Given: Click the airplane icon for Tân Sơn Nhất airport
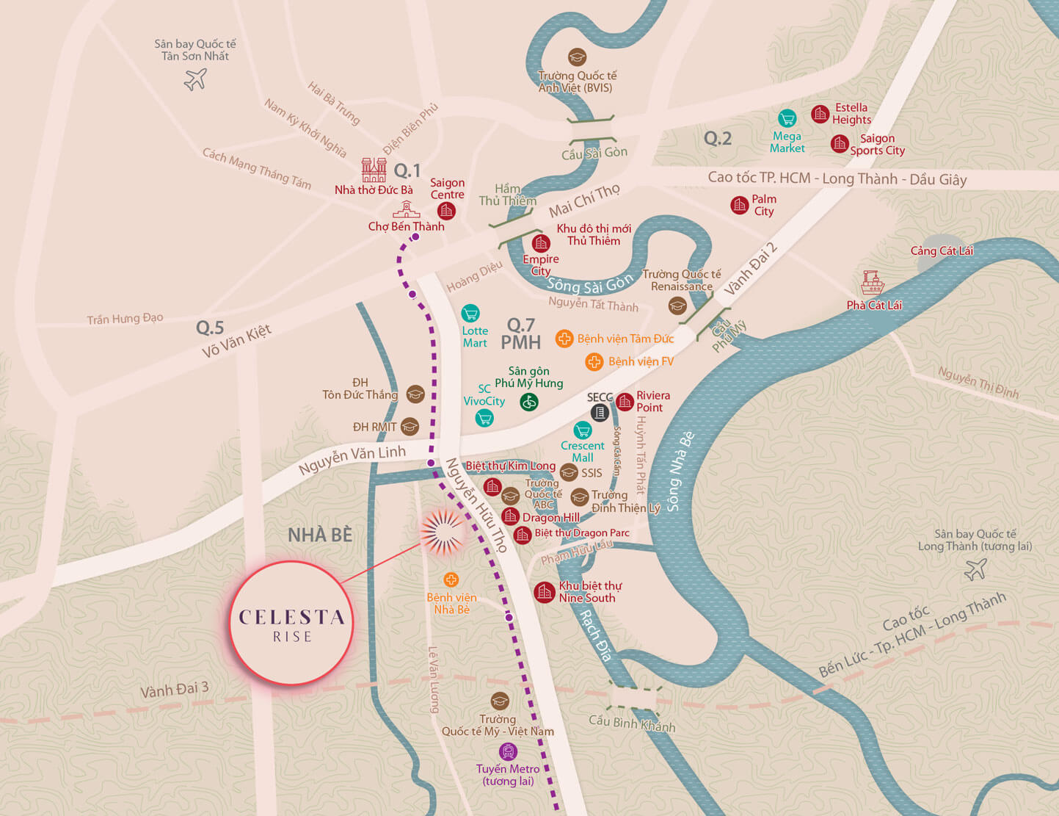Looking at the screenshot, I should [195, 79].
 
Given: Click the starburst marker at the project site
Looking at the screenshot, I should [442, 532].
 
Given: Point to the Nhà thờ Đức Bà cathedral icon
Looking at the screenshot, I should [374, 170].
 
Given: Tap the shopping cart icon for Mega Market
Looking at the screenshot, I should [787, 118].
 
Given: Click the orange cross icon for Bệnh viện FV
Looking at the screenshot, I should [594, 361].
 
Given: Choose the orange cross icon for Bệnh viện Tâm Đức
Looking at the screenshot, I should [564, 339].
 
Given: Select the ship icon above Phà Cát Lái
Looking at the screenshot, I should [873, 283].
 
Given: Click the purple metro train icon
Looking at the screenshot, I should [508, 751].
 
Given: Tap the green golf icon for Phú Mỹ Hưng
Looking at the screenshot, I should [529, 402].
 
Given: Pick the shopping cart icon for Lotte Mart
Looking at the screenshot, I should [470, 314].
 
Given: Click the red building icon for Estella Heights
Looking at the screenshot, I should [820, 114].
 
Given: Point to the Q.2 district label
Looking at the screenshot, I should [717, 138].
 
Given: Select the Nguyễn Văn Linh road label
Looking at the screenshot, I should [352, 459].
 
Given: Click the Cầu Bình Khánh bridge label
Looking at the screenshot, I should [632, 723].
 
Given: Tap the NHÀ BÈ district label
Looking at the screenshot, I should [320, 535].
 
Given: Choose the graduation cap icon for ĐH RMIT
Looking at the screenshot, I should [410, 427].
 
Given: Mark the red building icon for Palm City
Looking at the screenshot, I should [740, 205].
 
